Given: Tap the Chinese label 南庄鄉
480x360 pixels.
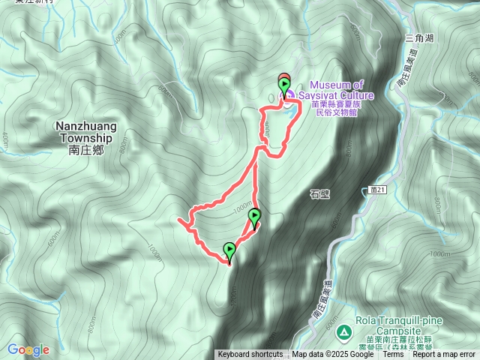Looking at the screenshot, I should click(83, 150).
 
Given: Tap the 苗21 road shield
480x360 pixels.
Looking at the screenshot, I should click(378, 191).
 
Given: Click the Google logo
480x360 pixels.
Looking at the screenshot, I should click(28, 349).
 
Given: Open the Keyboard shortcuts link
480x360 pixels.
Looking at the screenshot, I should click(250, 355).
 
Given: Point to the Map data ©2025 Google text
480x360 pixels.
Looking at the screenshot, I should click(333, 355).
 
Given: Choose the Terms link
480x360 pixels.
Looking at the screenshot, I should click(393, 355).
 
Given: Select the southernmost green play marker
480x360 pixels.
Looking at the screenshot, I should click(229, 250).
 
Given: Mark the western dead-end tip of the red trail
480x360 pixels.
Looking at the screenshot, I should click(178, 220).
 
